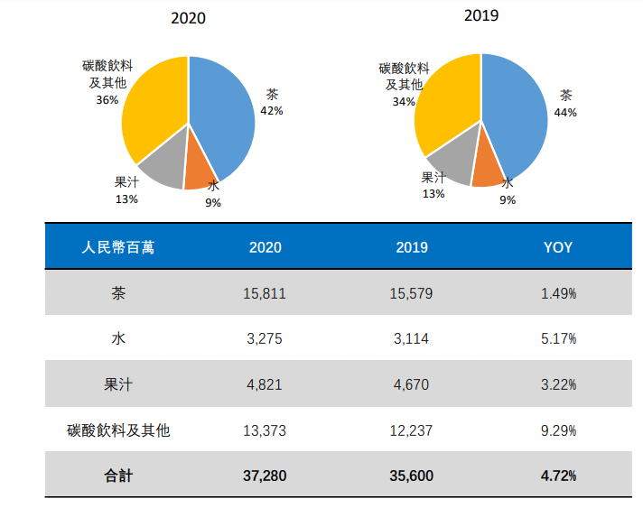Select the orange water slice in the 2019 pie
488,171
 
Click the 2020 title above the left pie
188,18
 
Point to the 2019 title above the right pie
481,15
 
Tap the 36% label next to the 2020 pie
107,100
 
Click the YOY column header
558,247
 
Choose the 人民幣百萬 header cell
117,247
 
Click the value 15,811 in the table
264,293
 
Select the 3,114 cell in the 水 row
412,339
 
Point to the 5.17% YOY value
558,339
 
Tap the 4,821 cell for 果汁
264,384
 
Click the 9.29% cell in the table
558,430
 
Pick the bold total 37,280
264,476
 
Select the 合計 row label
117,476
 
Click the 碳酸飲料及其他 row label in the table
118,430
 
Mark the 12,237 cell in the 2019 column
412,430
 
